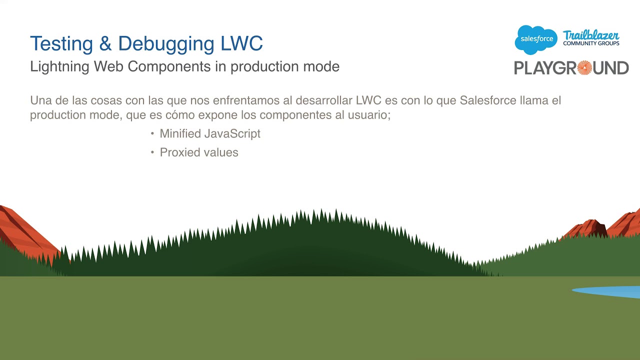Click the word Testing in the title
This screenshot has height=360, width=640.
[61, 44]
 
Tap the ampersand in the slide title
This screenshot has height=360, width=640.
[105, 44]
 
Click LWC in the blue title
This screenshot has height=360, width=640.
[241, 44]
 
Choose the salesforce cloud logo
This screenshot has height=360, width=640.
[536, 39]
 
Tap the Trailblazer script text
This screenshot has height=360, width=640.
[591, 35]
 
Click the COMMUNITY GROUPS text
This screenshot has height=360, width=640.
[591, 43]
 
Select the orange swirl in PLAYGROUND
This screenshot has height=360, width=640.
[584, 67]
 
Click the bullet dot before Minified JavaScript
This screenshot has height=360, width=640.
[152, 134]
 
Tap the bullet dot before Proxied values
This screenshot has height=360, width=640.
[152, 152]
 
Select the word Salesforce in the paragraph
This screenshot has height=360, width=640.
[487, 100]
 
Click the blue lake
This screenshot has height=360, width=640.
[612, 291]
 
